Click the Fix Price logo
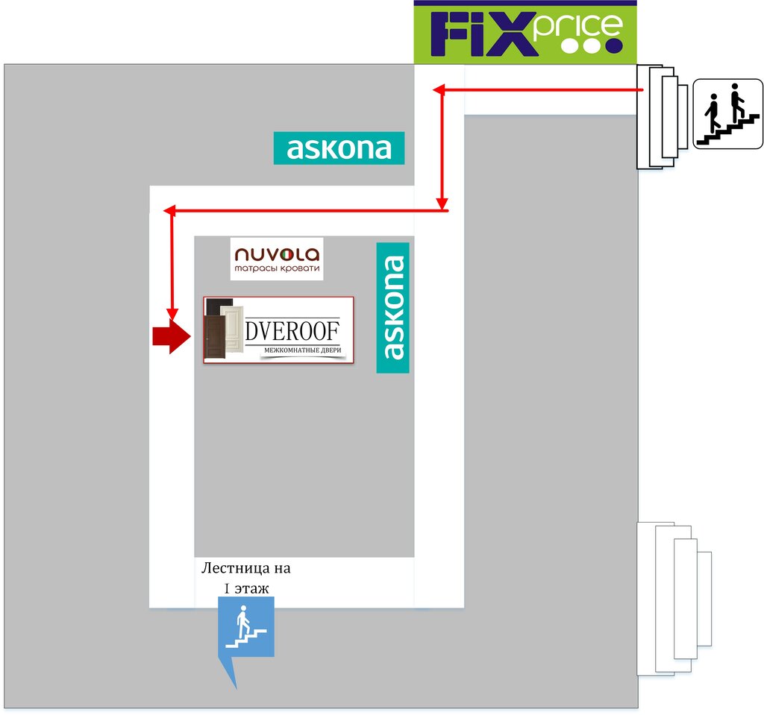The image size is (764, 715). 525,33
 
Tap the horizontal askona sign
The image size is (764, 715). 339,148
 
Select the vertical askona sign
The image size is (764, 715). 393,307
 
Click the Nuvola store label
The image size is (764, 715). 277,259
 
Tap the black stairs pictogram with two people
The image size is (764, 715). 727,114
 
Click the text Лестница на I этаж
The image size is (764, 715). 246,578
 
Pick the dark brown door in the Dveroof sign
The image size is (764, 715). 216,337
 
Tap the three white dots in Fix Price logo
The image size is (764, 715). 591,45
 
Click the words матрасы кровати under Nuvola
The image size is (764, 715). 277,268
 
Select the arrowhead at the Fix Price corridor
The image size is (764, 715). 439,90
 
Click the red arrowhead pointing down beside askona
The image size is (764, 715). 443,203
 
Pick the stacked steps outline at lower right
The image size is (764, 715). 671,598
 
